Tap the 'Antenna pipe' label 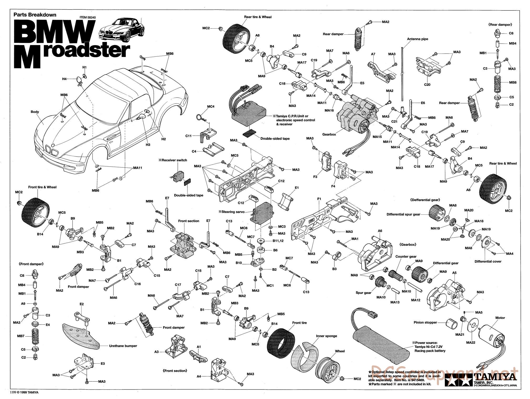(417, 39)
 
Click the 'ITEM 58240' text (88, 18)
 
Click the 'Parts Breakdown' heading (35, 15)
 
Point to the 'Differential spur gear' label (403, 214)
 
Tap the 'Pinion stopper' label (425, 322)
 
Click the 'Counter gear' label (406, 256)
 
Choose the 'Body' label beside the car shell (35, 112)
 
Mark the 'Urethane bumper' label (123, 346)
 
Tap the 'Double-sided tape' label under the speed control (275, 139)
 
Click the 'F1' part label (319, 199)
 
